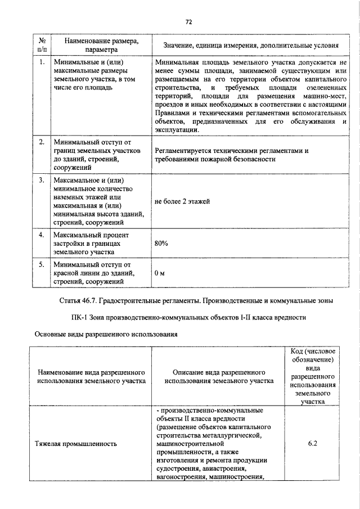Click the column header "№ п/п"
[42, 44]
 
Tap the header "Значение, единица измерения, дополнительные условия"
[251, 44]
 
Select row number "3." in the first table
[42, 181]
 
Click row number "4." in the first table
[42, 234]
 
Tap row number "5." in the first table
[42, 264]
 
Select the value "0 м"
[160, 273]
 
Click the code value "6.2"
[313, 444]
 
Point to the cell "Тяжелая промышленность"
[78, 444]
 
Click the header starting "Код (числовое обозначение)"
[313, 376]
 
